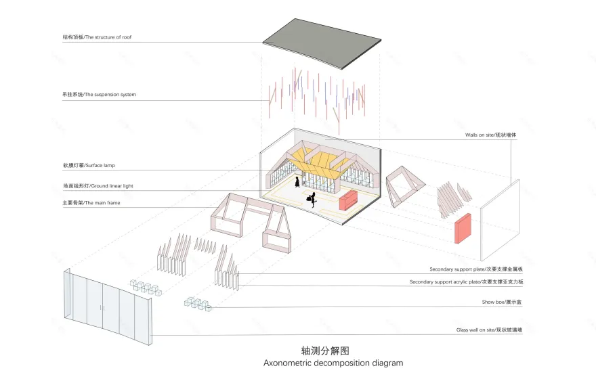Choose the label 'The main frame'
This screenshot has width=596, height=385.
tap(91, 202)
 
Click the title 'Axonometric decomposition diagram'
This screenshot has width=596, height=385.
tap(333, 363)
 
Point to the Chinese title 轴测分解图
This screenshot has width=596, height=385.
tap(325, 350)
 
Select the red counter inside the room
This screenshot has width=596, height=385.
tap(349, 200)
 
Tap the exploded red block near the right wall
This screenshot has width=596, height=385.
tap(463, 229)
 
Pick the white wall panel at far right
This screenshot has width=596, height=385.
tap(500, 220)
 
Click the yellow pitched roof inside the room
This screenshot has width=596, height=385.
tap(318, 162)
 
